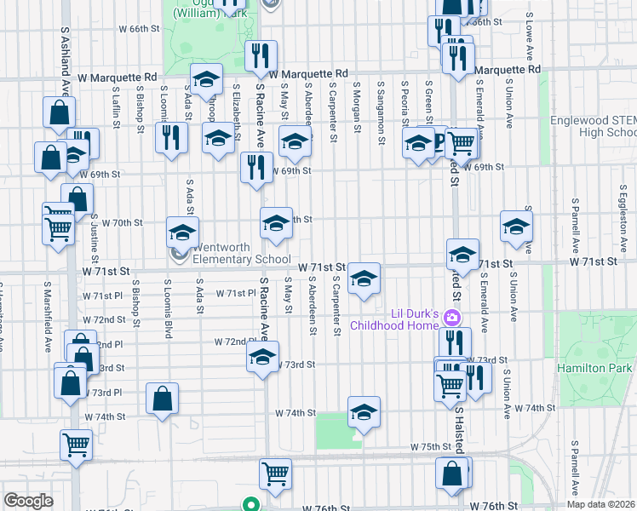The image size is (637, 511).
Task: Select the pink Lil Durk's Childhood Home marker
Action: coord(452,319)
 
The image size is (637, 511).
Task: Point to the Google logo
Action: coord(28,500)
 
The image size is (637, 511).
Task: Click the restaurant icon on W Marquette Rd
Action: coord(261,56)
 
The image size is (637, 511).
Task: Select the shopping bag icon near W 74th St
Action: coord(162,398)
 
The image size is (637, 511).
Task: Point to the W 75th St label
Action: coord(430,446)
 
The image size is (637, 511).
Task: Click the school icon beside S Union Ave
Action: coord(516,226)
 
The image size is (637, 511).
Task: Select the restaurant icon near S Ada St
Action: coord(171,136)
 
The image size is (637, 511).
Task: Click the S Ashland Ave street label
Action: coord(65,60)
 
